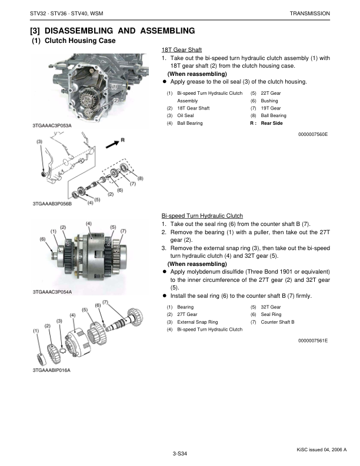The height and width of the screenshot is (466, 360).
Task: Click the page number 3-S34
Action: point(179,454)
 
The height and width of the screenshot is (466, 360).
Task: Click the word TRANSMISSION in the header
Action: point(310,14)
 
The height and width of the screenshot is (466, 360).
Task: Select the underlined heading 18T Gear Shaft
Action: point(182,50)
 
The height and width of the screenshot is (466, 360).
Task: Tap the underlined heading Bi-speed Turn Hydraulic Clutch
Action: point(202,216)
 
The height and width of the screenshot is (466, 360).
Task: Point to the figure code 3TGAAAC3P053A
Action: point(52,125)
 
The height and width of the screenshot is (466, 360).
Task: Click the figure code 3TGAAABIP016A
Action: point(51,370)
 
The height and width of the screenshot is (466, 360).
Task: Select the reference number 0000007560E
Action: point(313,134)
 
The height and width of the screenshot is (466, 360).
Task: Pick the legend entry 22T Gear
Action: point(271,93)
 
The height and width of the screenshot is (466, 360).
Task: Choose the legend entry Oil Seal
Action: point(185,115)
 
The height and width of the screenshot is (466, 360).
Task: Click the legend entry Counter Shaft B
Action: point(278,322)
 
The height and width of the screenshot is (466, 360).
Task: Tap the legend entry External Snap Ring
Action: point(197,322)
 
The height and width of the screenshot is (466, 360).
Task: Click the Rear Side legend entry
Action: point(272,123)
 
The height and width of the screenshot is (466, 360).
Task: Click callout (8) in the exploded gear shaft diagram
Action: point(140,178)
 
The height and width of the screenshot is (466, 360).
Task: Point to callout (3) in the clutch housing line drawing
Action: point(39,142)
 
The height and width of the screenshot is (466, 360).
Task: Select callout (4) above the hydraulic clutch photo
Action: point(88,224)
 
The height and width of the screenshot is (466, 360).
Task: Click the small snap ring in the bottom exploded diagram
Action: point(62,351)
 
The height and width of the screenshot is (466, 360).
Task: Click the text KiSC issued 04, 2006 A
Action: point(321,450)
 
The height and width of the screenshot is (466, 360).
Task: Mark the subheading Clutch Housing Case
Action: point(80,41)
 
